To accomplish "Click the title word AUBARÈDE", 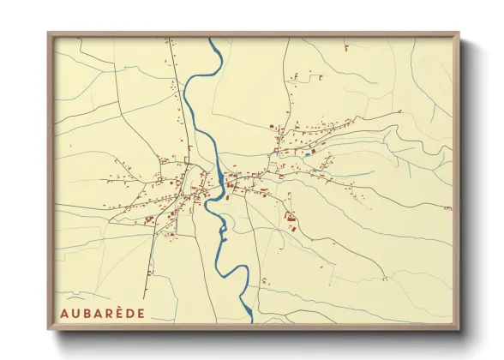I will click(102, 313).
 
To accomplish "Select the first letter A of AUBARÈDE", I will click(63, 313).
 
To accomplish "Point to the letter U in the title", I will click(75, 313).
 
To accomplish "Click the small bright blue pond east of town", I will click(306, 155).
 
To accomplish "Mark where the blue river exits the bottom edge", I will click(251, 323).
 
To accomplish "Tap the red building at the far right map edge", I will click(447, 208).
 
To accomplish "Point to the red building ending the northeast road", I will click(399, 111).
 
